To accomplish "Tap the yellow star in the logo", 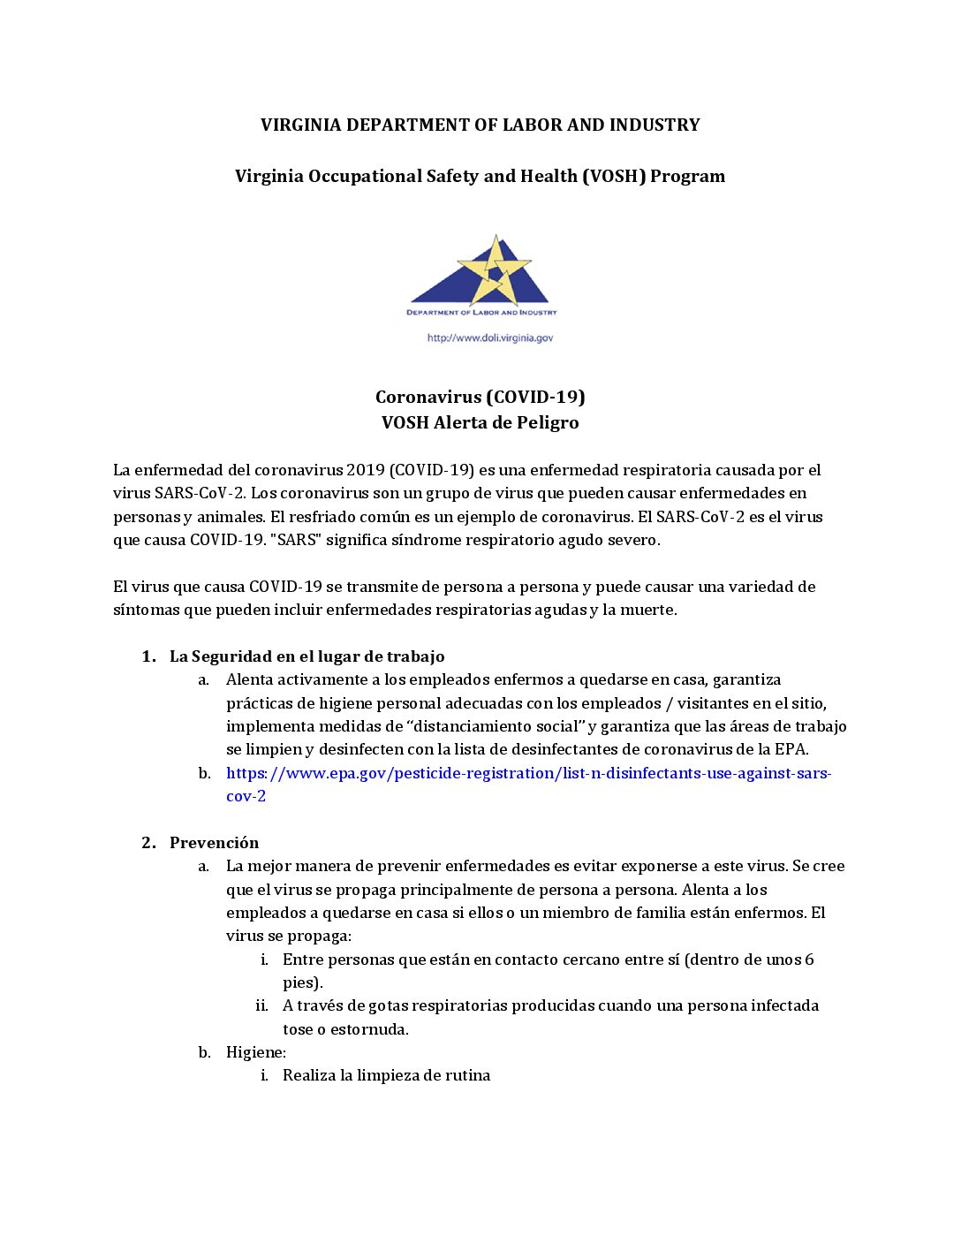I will pos(495,269).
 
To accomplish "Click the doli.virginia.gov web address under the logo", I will pos(490,338).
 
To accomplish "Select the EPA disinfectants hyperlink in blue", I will pos(528,774).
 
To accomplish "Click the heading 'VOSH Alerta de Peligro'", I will pos(480,423).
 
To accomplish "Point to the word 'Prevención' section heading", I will pos(215,843).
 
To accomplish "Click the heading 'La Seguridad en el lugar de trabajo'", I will pos(306,656).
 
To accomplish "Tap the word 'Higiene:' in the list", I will pos(256,1052).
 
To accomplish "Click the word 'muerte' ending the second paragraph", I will pos(649,610).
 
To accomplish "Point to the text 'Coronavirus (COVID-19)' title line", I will pos(480,398).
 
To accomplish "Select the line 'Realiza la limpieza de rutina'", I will pos(386,1076).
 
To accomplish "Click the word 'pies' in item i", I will pos(299,982).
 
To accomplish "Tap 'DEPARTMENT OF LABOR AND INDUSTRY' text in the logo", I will pos(481,313).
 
